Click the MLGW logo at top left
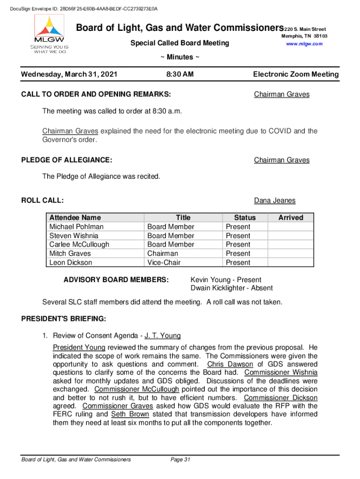[x=49, y=34]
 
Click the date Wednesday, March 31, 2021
[x=70, y=74]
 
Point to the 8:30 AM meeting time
[x=180, y=74]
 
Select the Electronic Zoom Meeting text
[x=295, y=74]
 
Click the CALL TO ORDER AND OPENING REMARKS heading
[x=96, y=94]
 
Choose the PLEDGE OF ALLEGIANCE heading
[x=67, y=160]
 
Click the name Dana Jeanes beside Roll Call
[x=274, y=201]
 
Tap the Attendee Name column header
[x=75, y=218]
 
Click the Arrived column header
[x=290, y=218]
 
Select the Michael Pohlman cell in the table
[x=76, y=227]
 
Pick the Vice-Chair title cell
[x=164, y=263]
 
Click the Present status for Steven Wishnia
[x=238, y=236]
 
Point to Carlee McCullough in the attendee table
[x=79, y=245]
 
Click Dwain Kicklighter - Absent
[x=231, y=288]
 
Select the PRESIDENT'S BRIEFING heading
[x=64, y=319]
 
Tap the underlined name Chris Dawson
[x=230, y=364]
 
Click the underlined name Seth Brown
[x=130, y=414]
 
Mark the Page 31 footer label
[x=181, y=460]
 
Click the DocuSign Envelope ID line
[x=80, y=8]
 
